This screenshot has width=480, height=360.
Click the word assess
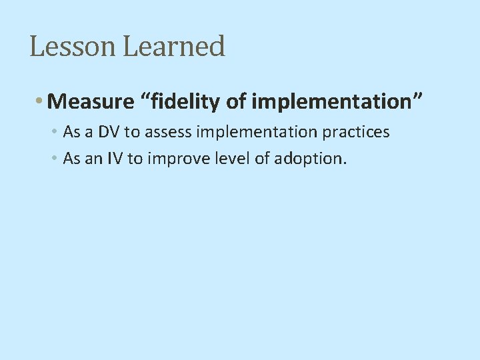[x=170, y=132]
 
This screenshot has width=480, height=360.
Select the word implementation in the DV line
[x=260, y=132]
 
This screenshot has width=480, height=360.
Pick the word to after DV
[x=132, y=132]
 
